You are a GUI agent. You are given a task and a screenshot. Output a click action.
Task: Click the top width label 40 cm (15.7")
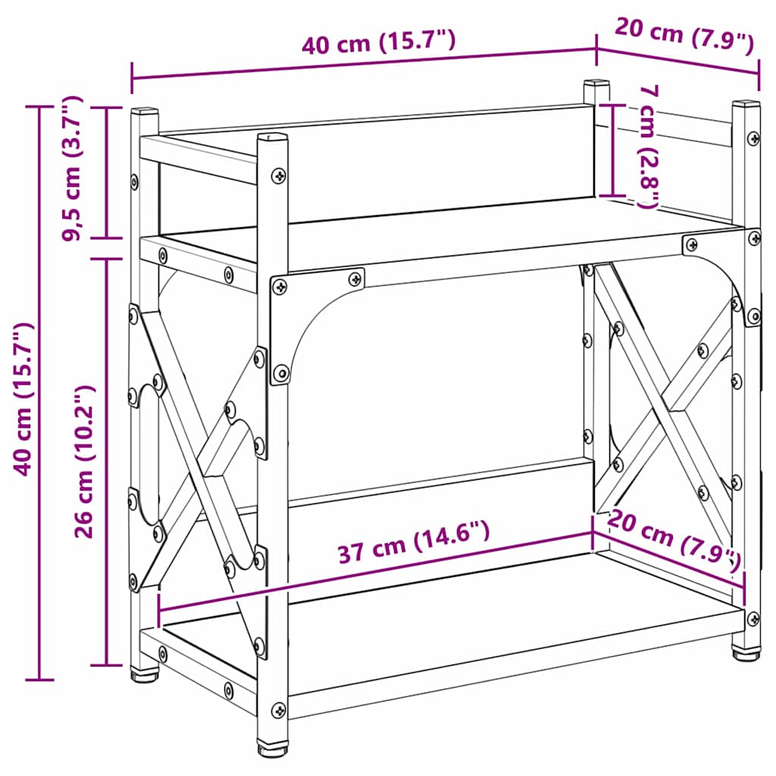378,43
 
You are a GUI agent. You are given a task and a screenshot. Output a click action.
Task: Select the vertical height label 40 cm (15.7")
23,399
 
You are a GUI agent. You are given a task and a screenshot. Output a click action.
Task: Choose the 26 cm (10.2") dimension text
85,461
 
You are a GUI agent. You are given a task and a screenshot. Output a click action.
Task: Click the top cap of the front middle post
273,138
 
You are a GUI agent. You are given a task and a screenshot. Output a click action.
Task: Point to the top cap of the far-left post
144,112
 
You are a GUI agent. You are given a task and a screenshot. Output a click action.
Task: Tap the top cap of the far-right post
746,104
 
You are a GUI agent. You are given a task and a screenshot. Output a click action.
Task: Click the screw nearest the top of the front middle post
280,175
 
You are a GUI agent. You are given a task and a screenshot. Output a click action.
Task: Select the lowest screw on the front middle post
279,711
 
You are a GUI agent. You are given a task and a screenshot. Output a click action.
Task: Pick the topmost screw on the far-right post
753,139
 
